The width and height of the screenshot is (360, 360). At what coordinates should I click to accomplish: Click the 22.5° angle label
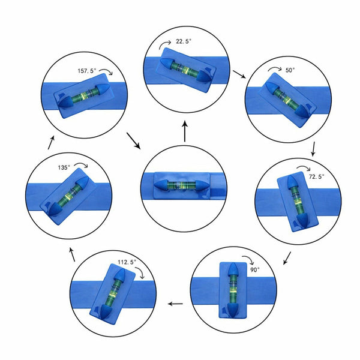184,41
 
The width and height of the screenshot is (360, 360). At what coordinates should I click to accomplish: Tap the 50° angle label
290,70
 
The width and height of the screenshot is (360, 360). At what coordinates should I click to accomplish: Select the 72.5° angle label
317,176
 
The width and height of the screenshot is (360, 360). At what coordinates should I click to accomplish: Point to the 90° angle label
255,269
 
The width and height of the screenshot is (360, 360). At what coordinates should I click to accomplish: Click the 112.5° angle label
127,262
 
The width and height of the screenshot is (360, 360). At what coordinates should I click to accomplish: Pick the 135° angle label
64,167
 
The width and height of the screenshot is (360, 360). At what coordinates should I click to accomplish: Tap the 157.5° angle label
87,71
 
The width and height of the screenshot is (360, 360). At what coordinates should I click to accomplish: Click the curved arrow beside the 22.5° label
165,45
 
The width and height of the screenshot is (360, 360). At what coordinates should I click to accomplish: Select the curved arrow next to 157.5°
106,72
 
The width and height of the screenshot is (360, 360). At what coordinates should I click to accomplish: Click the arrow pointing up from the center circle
185,131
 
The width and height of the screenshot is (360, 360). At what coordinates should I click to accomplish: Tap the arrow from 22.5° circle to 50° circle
239,74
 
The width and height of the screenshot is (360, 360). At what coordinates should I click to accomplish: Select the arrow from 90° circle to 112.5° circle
175,304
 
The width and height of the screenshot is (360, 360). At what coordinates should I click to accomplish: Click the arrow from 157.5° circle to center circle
133,140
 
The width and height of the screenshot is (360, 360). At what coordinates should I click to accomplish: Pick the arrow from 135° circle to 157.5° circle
51,142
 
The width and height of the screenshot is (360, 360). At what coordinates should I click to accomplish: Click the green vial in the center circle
181,185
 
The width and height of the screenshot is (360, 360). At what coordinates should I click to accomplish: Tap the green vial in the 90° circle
233,290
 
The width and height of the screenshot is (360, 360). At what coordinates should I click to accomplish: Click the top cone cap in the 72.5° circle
291,182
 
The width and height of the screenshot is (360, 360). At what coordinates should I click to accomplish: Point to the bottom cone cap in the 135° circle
55,209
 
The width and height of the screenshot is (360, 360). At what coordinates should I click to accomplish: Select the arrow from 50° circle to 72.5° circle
313,149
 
